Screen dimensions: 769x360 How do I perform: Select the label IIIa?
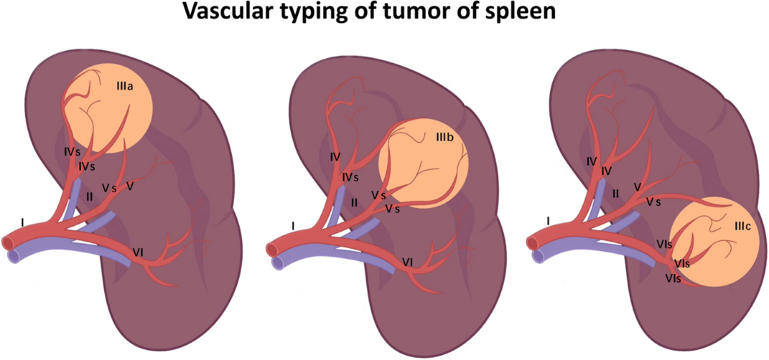coord(124,86)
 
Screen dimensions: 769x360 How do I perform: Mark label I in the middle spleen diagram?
coord(294,226)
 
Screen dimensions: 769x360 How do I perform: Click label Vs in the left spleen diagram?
coord(109,188)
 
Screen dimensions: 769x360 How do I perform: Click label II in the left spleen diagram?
coord(90,196)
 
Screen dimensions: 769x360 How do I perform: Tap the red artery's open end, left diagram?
coord(8,242)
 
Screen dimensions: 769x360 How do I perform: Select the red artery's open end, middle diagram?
coord(270,245)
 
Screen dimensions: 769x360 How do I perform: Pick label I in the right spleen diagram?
coord(549,222)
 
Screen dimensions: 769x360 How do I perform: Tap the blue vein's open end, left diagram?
coord(13,256)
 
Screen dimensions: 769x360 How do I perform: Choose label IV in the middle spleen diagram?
coord(333,156)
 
